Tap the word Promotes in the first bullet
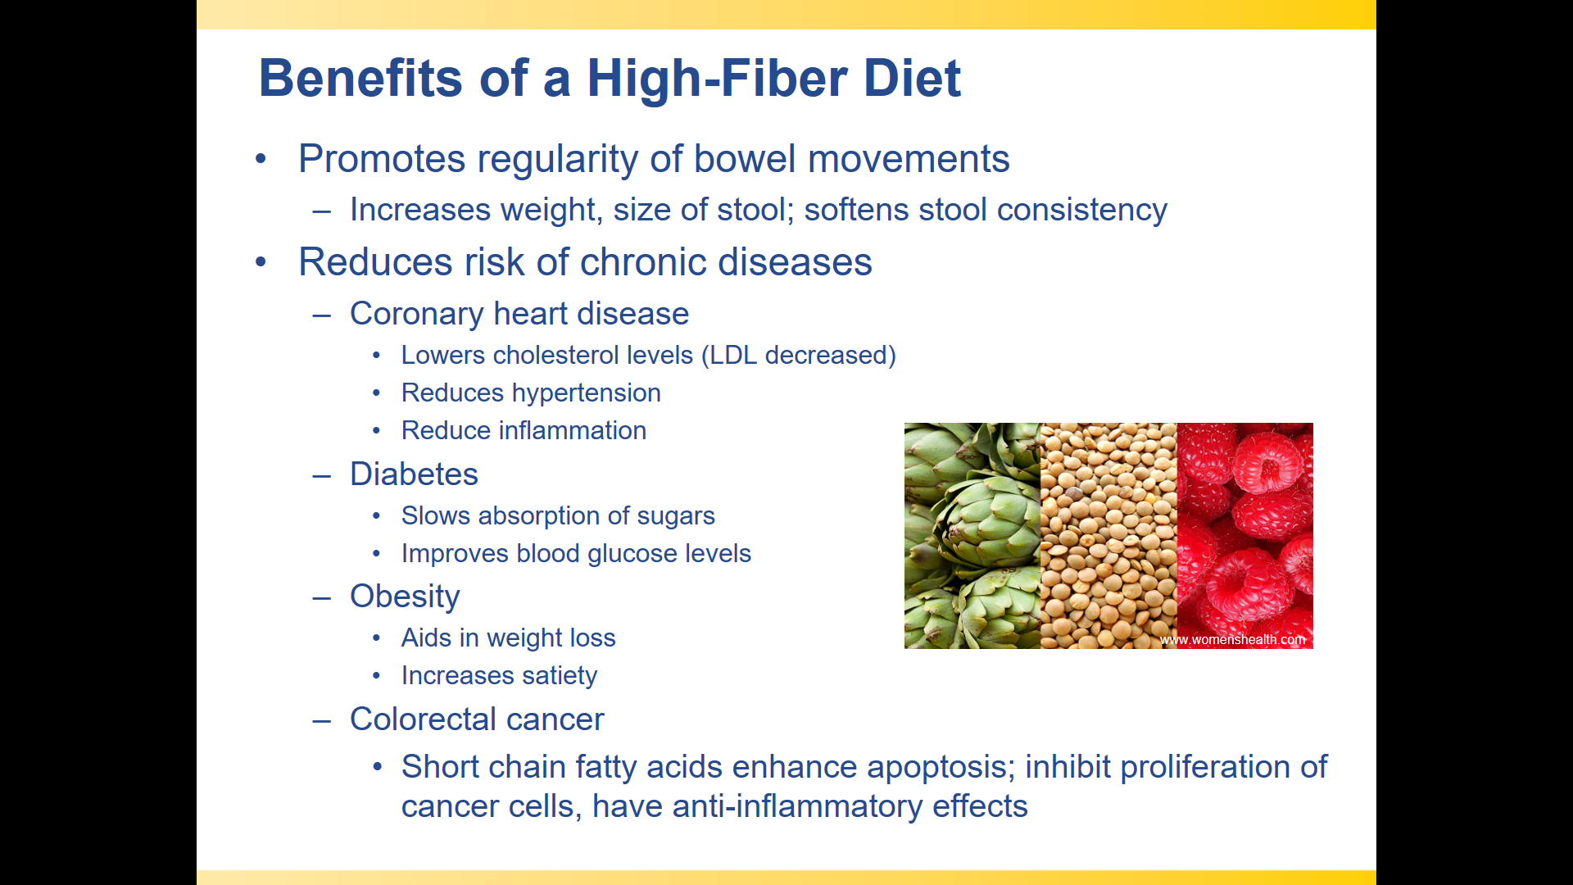383,159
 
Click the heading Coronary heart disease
519,314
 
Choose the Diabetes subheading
414,474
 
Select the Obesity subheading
405,597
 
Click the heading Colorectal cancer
477,719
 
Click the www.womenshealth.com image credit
1232,640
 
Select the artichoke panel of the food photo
972,536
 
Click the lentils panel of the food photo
1108,536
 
